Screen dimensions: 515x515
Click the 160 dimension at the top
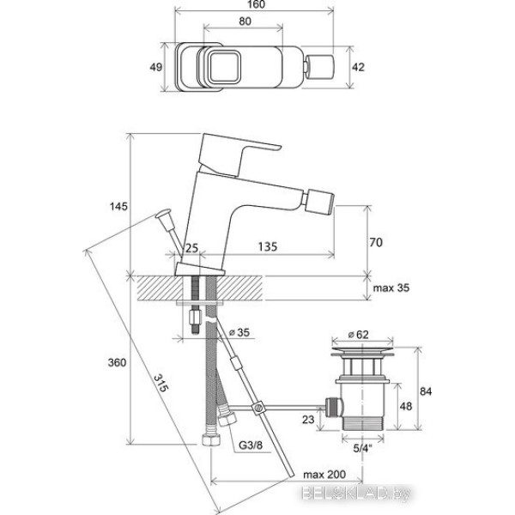256,4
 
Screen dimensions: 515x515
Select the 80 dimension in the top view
245,21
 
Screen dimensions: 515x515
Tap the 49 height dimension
155,67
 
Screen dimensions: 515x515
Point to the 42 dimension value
358,67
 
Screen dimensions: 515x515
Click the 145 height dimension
118,207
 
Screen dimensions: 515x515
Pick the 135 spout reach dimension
267,246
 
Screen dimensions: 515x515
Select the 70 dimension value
376,242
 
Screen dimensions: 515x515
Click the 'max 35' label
391,288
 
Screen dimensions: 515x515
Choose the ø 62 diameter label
358,335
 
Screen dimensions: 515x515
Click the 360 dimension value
117,362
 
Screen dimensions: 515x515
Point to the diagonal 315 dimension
161,383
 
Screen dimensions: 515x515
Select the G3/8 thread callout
251,445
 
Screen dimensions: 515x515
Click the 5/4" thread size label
362,448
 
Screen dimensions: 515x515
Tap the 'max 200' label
324,475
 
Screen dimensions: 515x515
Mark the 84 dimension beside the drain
426,391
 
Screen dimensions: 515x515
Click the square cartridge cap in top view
223,66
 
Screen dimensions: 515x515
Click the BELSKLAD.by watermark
356,494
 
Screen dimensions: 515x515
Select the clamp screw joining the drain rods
258,407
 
